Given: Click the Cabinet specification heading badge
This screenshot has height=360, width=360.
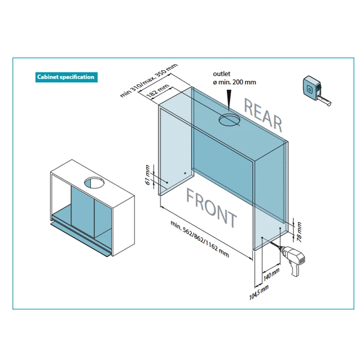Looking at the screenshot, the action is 66,77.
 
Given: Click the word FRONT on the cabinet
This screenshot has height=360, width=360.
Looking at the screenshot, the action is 211,208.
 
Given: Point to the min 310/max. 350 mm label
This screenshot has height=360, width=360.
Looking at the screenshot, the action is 149,80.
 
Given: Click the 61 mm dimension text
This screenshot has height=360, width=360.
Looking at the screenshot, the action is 148,175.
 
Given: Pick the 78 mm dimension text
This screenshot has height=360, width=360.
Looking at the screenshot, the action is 299,232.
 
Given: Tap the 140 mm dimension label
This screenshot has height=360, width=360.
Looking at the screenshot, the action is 272,274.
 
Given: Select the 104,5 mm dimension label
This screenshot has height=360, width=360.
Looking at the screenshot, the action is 259,292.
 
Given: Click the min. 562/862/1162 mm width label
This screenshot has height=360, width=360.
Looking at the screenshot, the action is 200,239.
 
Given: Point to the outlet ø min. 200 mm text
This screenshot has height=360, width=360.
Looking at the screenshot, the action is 234,78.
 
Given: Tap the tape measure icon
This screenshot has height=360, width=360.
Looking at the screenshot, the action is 316,91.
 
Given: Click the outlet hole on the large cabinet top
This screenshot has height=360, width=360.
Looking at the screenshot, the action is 229,120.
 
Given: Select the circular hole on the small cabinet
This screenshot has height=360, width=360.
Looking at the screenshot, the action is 94,183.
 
